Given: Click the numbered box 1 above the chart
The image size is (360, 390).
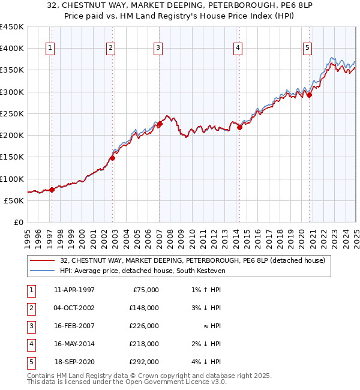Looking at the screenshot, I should pyautogui.click(x=50, y=49).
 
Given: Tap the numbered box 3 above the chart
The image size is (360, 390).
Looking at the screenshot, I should pyautogui.click(x=158, y=49).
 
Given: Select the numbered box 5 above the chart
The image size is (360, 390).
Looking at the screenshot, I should pyautogui.click(x=307, y=49).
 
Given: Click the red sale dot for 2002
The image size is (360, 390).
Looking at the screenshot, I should pyautogui.click(x=112, y=158).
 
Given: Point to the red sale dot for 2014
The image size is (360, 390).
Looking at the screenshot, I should pyautogui.click(x=239, y=127).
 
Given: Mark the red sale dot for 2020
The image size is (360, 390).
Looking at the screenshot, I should pyautogui.click(x=310, y=95).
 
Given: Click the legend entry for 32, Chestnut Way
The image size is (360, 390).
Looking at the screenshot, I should pyautogui.click(x=192, y=260).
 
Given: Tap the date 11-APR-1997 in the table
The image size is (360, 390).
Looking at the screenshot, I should pyautogui.click(x=74, y=290).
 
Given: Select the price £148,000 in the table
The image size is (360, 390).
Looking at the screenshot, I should pyautogui.click(x=144, y=308).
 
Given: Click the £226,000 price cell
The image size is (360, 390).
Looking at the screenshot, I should pyautogui.click(x=144, y=326).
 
